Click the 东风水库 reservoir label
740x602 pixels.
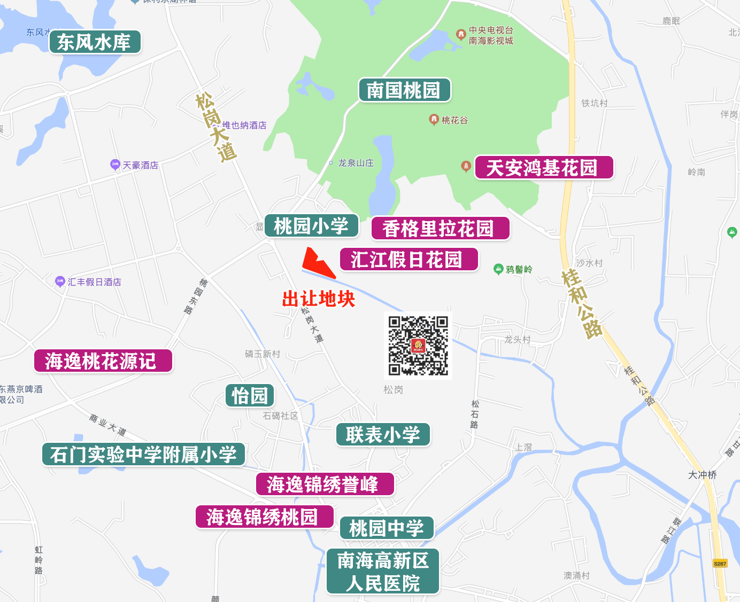pyautogui.click(x=95, y=42)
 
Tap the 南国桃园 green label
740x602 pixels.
pyautogui.click(x=404, y=90)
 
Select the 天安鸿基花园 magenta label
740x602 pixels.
pyautogui.click(x=543, y=168)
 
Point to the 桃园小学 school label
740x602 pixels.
pyautogui.click(x=311, y=225)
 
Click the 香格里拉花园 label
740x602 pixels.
pyautogui.click(x=440, y=229)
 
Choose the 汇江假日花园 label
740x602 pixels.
pyautogui.click(x=408, y=260)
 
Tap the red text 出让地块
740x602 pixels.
pyautogui.click(x=319, y=299)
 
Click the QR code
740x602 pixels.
pyautogui.click(x=418, y=346)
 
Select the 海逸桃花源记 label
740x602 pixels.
pyautogui.click(x=103, y=361)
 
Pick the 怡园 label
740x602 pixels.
pyautogui.click(x=250, y=396)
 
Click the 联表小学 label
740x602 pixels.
pyautogui.click(x=383, y=435)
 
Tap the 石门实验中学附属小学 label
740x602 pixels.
pyautogui.click(x=143, y=455)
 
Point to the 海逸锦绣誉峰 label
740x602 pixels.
pyautogui.click(x=325, y=484)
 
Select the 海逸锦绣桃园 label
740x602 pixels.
pyautogui.click(x=264, y=517)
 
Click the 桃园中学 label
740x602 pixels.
pyautogui.click(x=387, y=528)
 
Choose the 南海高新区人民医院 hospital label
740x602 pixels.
pyautogui.click(x=383, y=572)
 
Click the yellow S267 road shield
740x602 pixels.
pyautogui.click(x=720, y=564)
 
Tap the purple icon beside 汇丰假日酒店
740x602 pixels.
pyautogui.click(x=60, y=282)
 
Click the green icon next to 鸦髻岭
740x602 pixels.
pyautogui.click(x=498, y=269)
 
